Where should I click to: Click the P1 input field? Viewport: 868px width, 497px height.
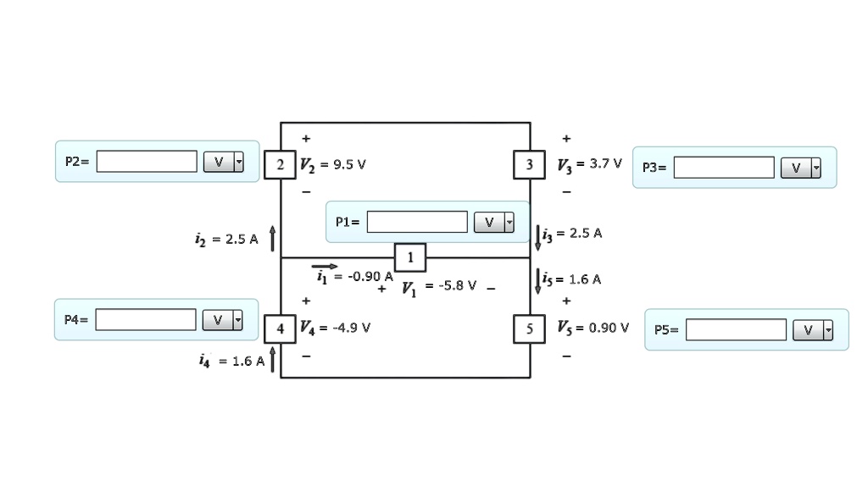tap(417, 222)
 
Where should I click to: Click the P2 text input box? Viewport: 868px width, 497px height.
tap(147, 161)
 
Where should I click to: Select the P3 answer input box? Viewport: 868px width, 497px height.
tap(724, 168)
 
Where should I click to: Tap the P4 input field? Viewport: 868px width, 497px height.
tap(146, 319)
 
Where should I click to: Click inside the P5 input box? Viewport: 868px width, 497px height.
tap(736, 329)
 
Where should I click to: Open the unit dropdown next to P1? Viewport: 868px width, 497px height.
tap(494, 222)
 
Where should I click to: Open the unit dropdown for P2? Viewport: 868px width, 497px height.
tap(224, 162)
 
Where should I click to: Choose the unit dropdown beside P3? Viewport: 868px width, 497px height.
tap(801, 168)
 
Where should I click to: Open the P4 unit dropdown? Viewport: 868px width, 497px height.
tap(223, 319)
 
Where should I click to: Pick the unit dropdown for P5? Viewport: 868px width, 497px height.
tap(813, 330)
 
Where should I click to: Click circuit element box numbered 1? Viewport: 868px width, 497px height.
tap(410, 257)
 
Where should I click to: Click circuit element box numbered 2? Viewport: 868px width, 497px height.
tap(280, 164)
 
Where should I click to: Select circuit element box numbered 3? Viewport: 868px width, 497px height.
tap(530, 164)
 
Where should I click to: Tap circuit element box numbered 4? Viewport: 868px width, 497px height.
tap(280, 328)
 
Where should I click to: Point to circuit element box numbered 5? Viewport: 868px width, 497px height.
tap(530, 328)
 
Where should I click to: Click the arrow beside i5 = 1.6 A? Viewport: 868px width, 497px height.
tap(537, 280)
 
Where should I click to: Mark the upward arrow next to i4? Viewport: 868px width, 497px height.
tap(272, 359)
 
